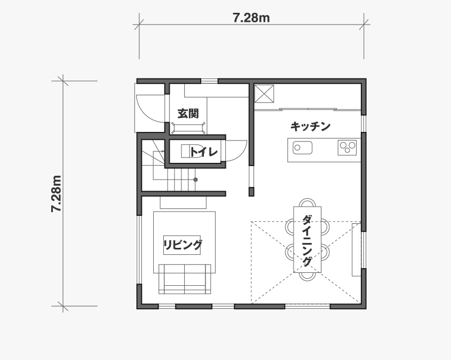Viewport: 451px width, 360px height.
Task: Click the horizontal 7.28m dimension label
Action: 251,18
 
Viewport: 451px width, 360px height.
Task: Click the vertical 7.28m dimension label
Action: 56,193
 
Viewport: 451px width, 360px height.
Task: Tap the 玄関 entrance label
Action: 188,114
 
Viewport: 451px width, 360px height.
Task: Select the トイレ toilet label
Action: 203,152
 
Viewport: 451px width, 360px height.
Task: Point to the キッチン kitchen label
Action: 310,127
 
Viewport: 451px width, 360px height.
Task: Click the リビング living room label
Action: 183,245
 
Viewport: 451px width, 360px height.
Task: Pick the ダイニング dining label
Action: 307,240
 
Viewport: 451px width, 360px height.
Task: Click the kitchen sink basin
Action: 303,147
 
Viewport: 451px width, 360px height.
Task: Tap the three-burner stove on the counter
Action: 347,147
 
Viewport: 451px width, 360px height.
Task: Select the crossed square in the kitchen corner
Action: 264,93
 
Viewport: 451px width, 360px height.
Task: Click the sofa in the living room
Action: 185,279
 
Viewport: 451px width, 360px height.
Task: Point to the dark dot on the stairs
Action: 195,179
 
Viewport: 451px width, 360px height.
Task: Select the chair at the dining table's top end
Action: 307,202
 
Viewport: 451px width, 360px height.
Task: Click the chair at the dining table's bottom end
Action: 307,276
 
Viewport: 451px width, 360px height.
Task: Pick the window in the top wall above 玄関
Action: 209,81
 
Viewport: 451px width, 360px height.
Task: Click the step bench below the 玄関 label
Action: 188,128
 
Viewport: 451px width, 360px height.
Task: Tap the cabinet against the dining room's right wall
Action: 357,249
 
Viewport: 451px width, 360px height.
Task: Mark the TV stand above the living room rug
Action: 183,202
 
